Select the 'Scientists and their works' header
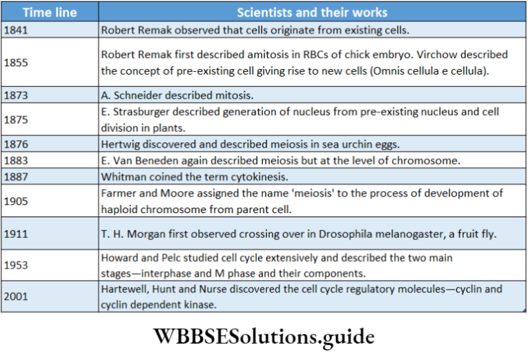coord(312,12)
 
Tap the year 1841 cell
coord(16,30)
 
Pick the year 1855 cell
coord(16,61)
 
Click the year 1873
coord(16,94)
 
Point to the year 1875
coord(16,119)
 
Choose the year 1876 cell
coord(16,143)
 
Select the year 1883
coord(16,160)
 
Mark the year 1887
coord(16,177)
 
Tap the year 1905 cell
coord(16,201)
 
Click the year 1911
coord(16,234)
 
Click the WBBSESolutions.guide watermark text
coord(264,337)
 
